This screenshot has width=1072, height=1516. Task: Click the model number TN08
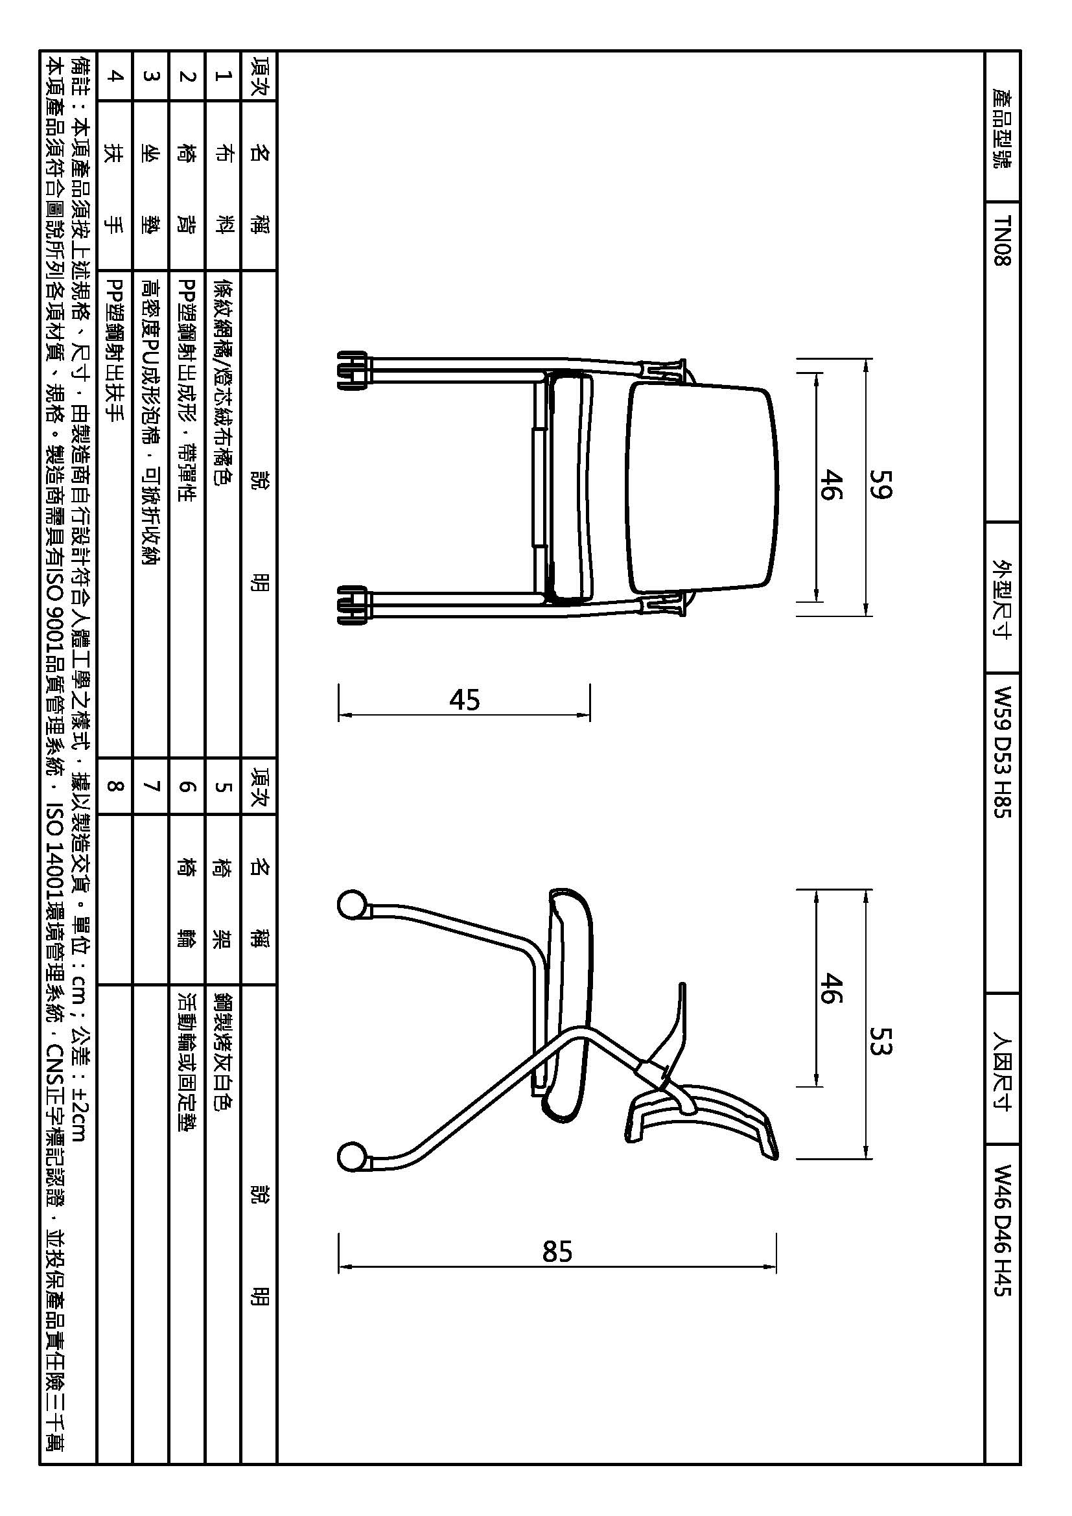pyautogui.click(x=1001, y=240)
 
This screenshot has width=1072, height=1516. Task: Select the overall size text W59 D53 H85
pyautogui.click(x=1001, y=752)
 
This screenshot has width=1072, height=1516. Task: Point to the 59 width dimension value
pyautogui.click(x=881, y=484)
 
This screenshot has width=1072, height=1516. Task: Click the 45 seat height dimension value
pyautogui.click(x=465, y=700)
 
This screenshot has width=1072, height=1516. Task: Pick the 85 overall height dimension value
pyautogui.click(x=557, y=1250)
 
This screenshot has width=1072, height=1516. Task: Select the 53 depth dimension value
pyautogui.click(x=881, y=1042)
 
